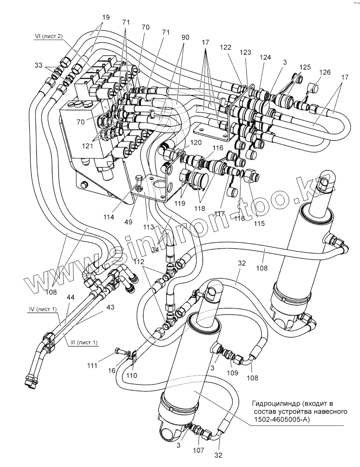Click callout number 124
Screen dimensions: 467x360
coord(265,57)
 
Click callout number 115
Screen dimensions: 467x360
coord(259,223)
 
